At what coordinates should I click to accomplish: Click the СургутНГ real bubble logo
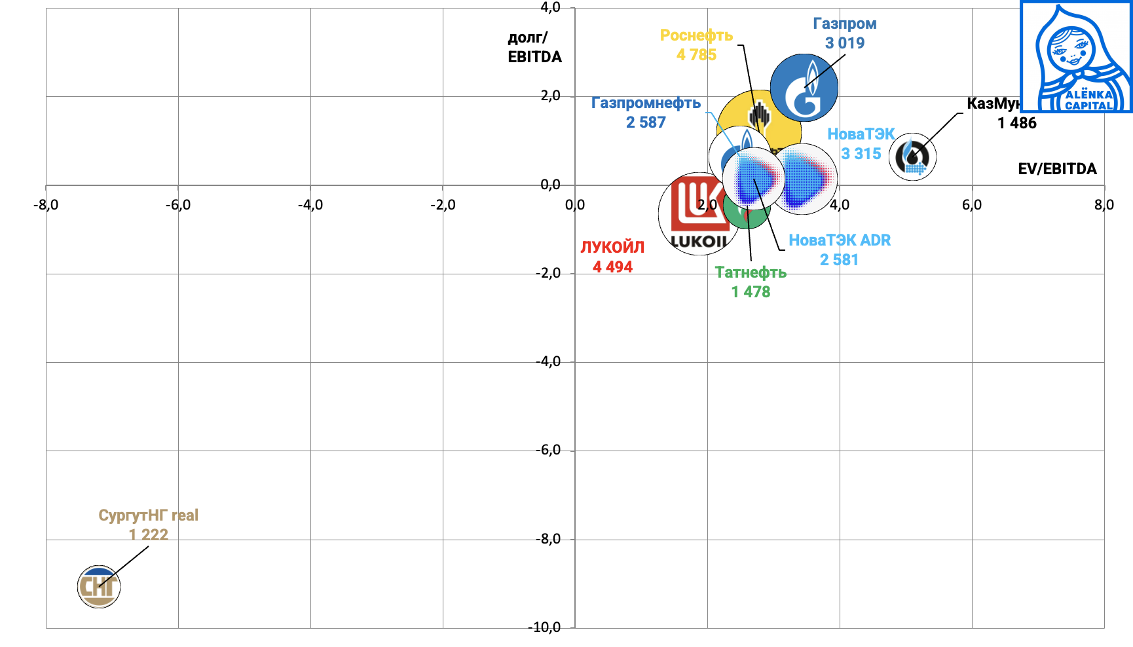click(x=99, y=587)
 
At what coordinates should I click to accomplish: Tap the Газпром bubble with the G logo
click(x=804, y=88)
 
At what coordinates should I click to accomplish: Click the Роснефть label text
click(x=696, y=35)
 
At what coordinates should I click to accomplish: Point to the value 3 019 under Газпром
click(x=845, y=43)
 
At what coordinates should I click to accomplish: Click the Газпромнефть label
click(x=646, y=103)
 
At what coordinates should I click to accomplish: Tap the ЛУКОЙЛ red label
click(x=612, y=247)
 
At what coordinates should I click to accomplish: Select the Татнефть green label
click(x=751, y=272)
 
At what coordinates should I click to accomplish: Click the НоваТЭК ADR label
click(x=840, y=240)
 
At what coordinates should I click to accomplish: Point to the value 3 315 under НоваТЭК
click(x=861, y=154)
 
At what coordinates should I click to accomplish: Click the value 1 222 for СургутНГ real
click(x=149, y=535)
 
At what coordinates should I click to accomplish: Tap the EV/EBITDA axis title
click(x=1057, y=169)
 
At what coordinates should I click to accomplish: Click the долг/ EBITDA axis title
click(x=534, y=47)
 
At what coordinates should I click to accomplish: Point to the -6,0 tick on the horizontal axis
click(x=177, y=205)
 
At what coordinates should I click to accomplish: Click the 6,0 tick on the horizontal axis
click(x=971, y=205)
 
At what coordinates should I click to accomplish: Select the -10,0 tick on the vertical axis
click(x=545, y=627)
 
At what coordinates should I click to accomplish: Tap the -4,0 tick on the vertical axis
click(x=548, y=361)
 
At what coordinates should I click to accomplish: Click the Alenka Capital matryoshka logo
click(x=1076, y=57)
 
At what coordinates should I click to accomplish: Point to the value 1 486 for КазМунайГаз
click(x=1016, y=123)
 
